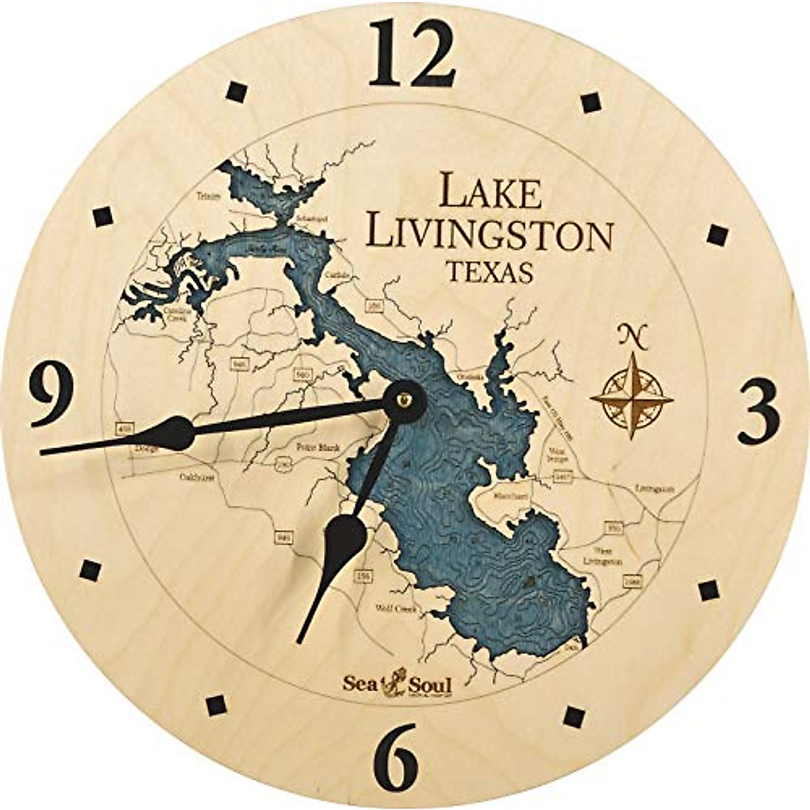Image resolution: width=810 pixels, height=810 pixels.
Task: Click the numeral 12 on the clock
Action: click(x=412, y=54)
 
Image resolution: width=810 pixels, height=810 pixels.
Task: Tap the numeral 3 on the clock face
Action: click(x=758, y=412)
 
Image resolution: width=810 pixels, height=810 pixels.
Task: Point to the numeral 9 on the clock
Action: click(x=52, y=394)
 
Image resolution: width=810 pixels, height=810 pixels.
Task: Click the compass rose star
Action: click(x=632, y=398)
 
